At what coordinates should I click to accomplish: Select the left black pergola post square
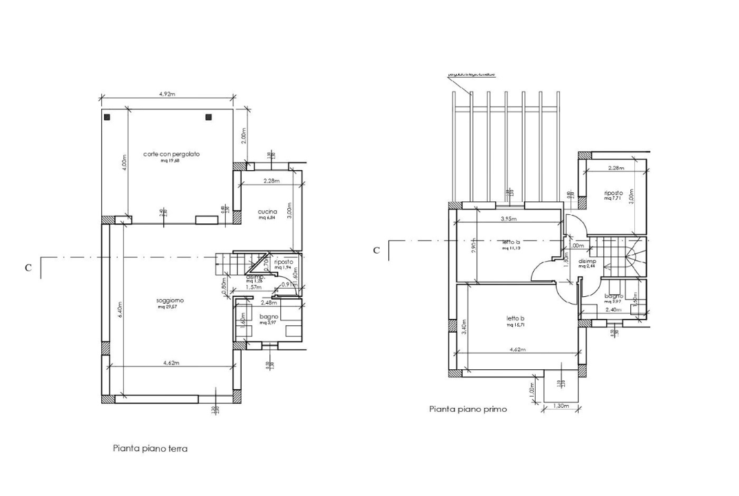coord(107,118)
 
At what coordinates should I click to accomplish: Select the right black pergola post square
coord(207,118)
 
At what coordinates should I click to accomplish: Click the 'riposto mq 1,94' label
coord(284,265)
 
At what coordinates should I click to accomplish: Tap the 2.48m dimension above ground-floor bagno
coord(269,302)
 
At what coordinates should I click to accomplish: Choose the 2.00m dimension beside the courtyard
coord(244,136)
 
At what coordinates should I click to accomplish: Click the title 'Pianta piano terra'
coord(150,448)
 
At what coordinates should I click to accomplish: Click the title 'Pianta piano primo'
coord(468,409)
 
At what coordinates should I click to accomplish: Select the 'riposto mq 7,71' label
coord(613,195)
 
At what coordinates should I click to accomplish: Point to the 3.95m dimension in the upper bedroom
coord(508,219)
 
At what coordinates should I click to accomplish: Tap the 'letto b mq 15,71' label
coord(516,321)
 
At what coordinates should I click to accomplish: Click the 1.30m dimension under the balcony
coord(561,406)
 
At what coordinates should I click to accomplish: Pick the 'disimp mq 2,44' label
coord(587,263)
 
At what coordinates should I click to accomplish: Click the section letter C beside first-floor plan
coord(376,250)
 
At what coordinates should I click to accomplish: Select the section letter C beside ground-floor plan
coord(28,268)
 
